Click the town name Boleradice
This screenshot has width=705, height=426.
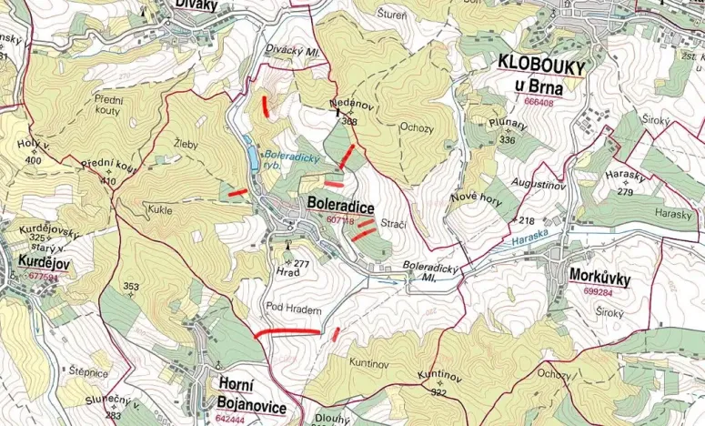click(x=341, y=208)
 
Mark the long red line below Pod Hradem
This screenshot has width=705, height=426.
click(x=287, y=333)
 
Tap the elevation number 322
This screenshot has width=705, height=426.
click(x=438, y=392)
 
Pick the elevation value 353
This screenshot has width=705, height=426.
click(x=131, y=287)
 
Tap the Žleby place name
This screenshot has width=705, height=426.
click(x=186, y=144)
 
